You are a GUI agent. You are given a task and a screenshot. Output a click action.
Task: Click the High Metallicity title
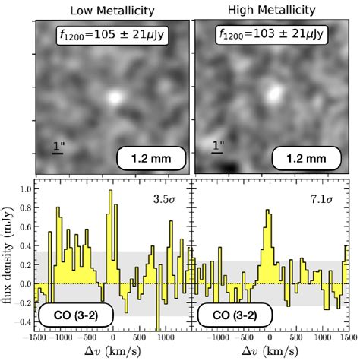coord(272,9)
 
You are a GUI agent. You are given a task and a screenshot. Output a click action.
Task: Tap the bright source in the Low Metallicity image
coord(115,97)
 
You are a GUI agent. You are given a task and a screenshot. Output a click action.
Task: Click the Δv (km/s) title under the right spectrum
coord(270,352)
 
